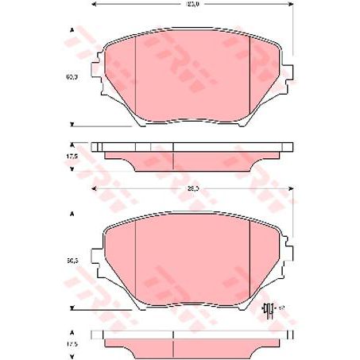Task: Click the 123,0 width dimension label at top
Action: (x=192, y=6)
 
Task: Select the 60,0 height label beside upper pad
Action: (x=72, y=77)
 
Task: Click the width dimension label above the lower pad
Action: (x=192, y=188)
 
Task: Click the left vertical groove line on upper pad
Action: (x=137, y=79)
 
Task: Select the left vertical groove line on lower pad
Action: (x=137, y=262)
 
